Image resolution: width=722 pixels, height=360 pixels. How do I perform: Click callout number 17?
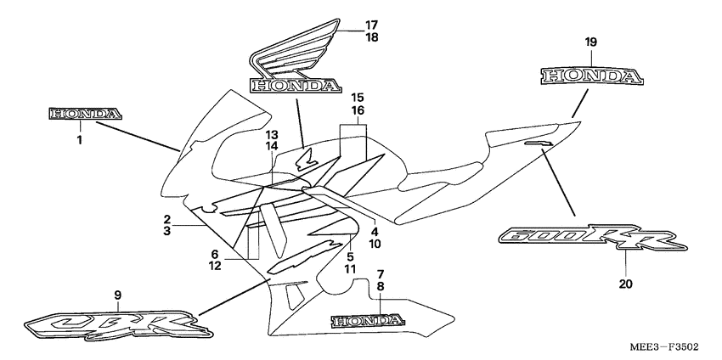point(371,25)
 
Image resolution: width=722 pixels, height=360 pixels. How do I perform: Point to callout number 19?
point(591,42)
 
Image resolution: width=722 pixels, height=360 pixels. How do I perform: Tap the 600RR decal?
point(593,239)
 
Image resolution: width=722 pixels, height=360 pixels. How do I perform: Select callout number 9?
point(118,295)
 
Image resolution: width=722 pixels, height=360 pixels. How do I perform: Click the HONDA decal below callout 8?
point(366,321)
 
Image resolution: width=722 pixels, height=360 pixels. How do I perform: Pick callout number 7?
point(381,273)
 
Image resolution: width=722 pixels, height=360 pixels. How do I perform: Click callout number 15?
point(357,98)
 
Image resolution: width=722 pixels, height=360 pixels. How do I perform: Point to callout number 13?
point(271,135)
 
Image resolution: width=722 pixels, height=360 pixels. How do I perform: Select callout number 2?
point(168,219)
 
